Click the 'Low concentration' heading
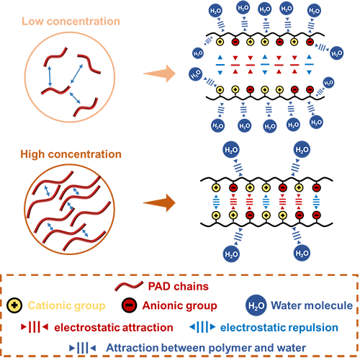[71, 22]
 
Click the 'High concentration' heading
[71, 154]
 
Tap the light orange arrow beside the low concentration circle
[159, 73]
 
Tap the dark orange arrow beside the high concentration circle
[159, 203]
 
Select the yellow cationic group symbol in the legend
[14, 306]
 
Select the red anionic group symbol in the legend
[129, 306]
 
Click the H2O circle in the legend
[256, 306]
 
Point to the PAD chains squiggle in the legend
[129, 286]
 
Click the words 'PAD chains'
[179, 286]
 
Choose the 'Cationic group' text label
[66, 306]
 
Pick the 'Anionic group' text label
[179, 306]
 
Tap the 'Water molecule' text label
[312, 306]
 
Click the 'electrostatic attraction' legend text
[114, 327]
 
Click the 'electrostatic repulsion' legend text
[279, 327]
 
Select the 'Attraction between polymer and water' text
[206, 348]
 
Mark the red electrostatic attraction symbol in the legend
[35, 327]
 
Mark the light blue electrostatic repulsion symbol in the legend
[202, 327]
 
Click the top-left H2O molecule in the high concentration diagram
[231, 150]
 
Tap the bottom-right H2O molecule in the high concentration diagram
[302, 253]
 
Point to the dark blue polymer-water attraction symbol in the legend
[83, 348]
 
